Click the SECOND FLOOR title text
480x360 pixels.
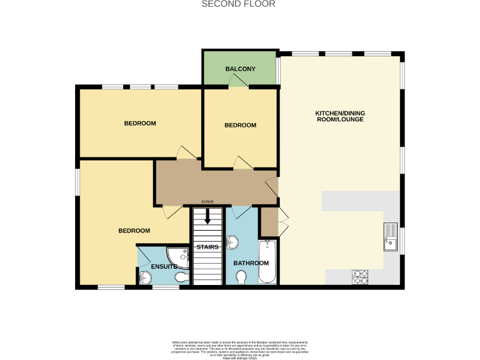(239, 4)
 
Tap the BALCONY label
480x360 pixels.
(240, 69)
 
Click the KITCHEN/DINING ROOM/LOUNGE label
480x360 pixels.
(339, 116)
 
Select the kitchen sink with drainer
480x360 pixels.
(391, 236)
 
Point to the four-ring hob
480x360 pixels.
(361, 276)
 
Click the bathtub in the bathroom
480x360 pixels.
(267, 261)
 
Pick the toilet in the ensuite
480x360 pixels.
(181, 276)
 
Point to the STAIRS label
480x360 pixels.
(207, 247)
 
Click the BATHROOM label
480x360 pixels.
(251, 263)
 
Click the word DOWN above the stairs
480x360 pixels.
(207, 201)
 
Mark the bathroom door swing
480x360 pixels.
(242, 211)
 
